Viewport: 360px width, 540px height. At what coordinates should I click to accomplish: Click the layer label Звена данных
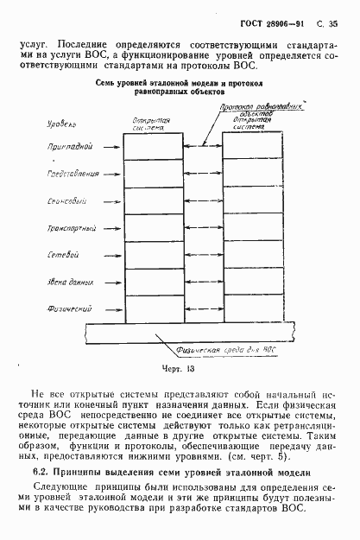click(x=68, y=283)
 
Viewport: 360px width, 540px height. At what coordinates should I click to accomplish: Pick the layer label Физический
click(x=69, y=308)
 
